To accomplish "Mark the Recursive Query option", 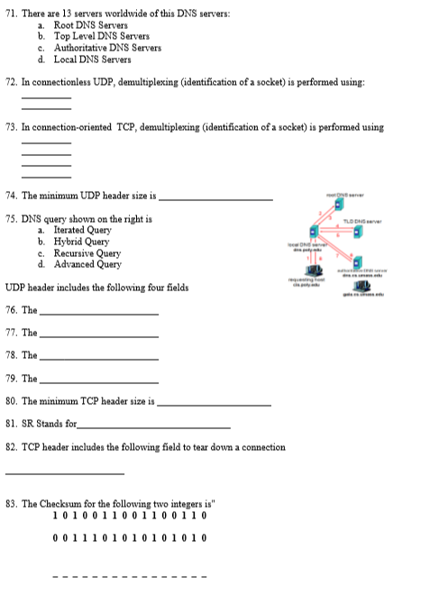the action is point(87,253).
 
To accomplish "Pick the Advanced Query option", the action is point(87,264).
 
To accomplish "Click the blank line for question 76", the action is point(99,312).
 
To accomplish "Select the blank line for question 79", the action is point(99,380).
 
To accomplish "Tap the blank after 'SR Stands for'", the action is point(154,426).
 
